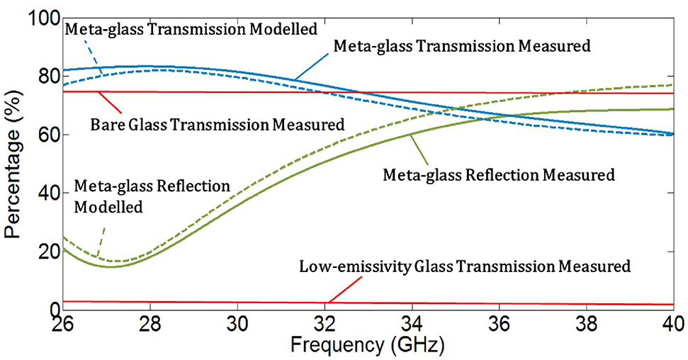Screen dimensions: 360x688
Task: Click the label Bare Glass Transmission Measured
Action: [x=218, y=125]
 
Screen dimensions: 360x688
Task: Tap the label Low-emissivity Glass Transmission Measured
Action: [x=464, y=267]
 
